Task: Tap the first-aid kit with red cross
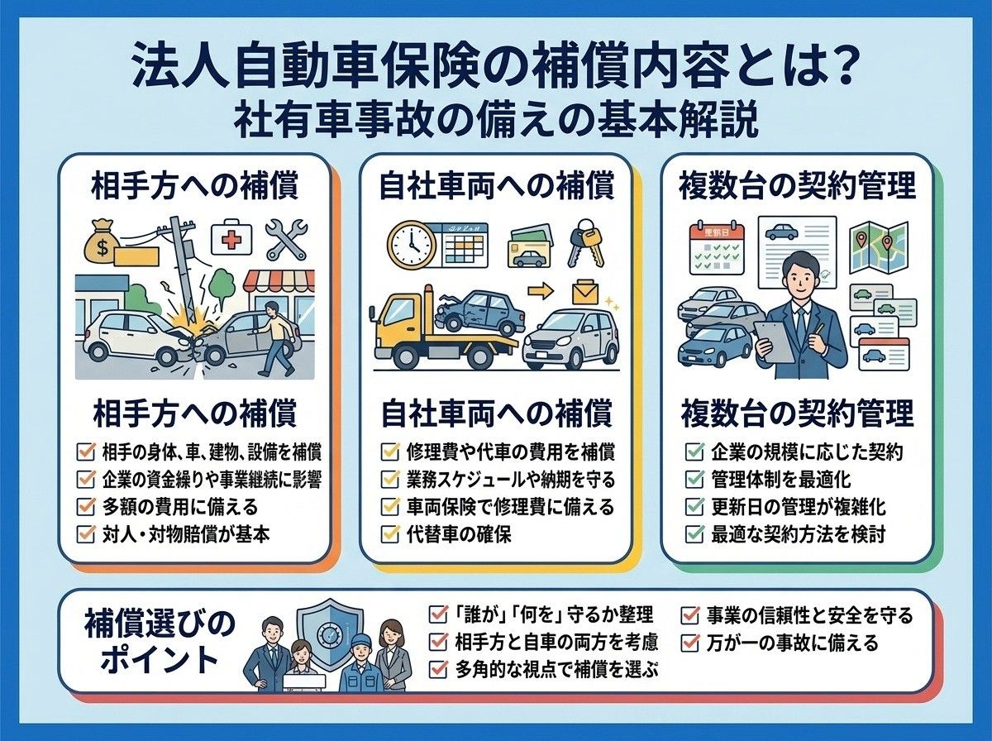[x=231, y=239]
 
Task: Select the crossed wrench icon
[x=287, y=240]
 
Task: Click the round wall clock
[x=412, y=245]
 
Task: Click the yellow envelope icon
[x=585, y=293]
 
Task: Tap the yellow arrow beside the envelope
[x=541, y=291]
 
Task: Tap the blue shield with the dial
[x=331, y=633]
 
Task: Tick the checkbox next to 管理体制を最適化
[x=694, y=479]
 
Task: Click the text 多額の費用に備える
[x=180, y=507]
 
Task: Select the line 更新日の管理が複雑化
[x=798, y=507]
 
